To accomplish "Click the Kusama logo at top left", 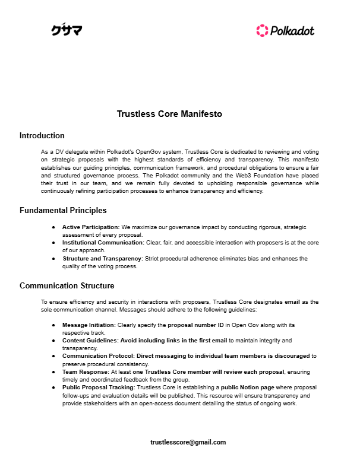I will pyautogui.click(x=67, y=30).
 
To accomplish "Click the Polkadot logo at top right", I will pyautogui.click(x=285, y=30).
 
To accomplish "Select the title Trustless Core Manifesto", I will pyautogui.click(x=169, y=114).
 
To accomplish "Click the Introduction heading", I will pyautogui.click(x=42, y=136).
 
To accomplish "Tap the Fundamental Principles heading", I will pyautogui.click(x=64, y=210).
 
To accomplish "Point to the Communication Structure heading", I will pyautogui.click(x=67, y=285).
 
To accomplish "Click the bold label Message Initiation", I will pyautogui.click(x=87, y=325).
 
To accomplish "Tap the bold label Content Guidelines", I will pyautogui.click(x=87, y=341).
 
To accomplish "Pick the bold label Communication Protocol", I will pyautogui.click(x=96, y=356).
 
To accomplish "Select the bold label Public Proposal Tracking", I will pyautogui.click(x=97, y=387).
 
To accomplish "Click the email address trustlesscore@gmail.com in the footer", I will pyautogui.click(x=188, y=442).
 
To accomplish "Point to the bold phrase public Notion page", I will pyautogui.click(x=242, y=387).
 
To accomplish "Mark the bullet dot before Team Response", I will pyautogui.click(x=54, y=371).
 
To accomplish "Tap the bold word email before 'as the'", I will pyautogui.click(x=293, y=302).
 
